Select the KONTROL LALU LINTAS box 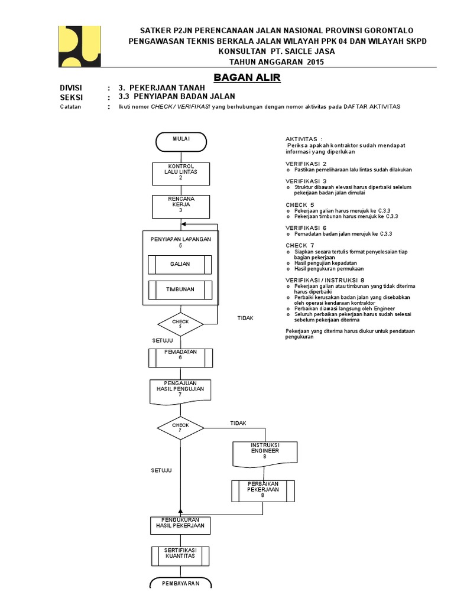pyautogui.click(x=181, y=171)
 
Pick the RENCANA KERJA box pyautogui.click(x=181, y=204)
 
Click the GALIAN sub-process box pyautogui.click(x=181, y=264)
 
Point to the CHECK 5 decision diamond pyautogui.click(x=180, y=324)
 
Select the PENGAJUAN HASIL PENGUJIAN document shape pyautogui.click(x=180, y=391)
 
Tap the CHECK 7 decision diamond pyautogui.click(x=180, y=427)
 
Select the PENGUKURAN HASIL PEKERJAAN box pyautogui.click(x=180, y=524)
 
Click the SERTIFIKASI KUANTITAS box pyautogui.click(x=180, y=555)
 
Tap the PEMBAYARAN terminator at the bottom pyautogui.click(x=181, y=584)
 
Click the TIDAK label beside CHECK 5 pyautogui.click(x=245, y=318)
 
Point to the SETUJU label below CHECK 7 pyautogui.click(x=161, y=470)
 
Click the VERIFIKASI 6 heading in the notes pyautogui.click(x=306, y=227)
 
